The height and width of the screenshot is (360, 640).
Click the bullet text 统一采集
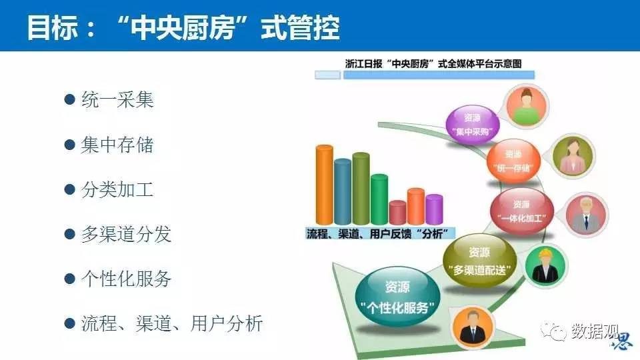click(117, 99)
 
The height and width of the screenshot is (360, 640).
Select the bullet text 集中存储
click(117, 145)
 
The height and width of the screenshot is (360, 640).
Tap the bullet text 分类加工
click(117, 189)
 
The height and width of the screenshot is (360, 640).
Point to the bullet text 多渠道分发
click(126, 234)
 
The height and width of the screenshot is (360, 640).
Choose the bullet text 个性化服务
click(126, 279)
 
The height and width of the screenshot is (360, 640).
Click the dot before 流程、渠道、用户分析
click(70, 324)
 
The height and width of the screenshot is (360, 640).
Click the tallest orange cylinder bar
click(325, 185)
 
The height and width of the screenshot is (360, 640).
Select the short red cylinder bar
click(397, 212)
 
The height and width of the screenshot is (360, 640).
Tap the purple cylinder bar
click(434, 209)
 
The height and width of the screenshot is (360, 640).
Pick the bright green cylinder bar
click(379, 199)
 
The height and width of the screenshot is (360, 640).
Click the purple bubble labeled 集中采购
click(473, 125)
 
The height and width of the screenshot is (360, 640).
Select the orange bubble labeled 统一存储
click(513, 161)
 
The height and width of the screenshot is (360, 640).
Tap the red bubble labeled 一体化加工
click(522, 211)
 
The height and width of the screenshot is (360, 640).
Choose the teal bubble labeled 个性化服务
click(397, 296)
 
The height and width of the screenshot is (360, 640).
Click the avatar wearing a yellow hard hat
click(545, 266)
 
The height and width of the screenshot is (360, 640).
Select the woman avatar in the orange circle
click(527, 106)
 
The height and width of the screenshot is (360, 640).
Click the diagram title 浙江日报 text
click(364, 64)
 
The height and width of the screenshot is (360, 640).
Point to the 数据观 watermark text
click(595, 331)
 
